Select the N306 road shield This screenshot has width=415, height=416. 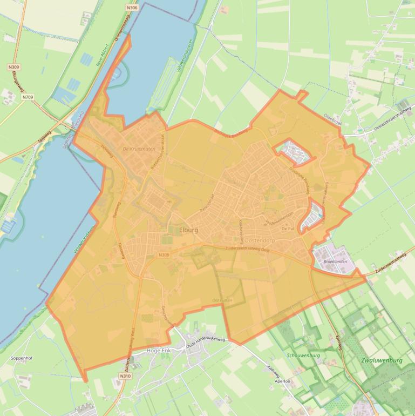[132, 8]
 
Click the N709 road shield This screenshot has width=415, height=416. [28, 97]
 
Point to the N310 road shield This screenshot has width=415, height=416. [125, 376]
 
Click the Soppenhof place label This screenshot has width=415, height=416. [21, 358]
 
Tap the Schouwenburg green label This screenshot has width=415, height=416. [304, 355]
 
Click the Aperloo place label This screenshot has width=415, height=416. [284, 380]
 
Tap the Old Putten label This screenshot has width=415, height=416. [222, 300]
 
